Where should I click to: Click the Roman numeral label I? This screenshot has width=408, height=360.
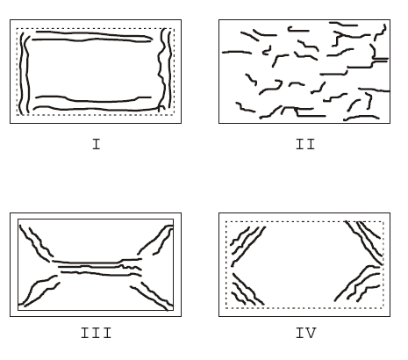pyautogui.click(x=97, y=145)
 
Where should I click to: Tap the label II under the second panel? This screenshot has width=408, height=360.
pyautogui.click(x=305, y=145)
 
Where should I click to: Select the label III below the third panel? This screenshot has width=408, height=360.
pyautogui.click(x=96, y=333)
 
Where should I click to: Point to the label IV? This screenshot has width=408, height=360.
pyautogui.click(x=306, y=333)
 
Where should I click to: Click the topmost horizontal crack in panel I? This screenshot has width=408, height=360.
pyautogui.click(x=94, y=34)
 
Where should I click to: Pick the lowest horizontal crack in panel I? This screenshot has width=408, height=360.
pyautogui.click(x=97, y=110)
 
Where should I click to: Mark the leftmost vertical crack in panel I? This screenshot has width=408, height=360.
pyautogui.click(x=21, y=73)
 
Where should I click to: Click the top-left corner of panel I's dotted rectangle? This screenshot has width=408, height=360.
pyautogui.click(x=17, y=29)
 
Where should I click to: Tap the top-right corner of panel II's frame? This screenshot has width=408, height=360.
pyautogui.click(x=390, y=20)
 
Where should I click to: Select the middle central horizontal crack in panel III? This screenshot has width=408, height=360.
pyautogui.click(x=99, y=267)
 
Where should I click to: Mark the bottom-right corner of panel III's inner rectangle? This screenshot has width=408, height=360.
pyautogui.click(x=174, y=310)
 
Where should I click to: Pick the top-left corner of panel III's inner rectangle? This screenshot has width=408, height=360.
pyautogui.click(x=18, y=220)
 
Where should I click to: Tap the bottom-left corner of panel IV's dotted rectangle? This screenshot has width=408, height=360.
pyautogui.click(x=226, y=308)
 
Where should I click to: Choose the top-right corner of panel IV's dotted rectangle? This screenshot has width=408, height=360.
pyautogui.click(x=383, y=222)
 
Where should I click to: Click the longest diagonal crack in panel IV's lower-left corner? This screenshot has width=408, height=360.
pyautogui.click(x=248, y=289)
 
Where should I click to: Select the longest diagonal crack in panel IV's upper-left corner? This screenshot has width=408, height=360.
pyautogui.click(x=248, y=247)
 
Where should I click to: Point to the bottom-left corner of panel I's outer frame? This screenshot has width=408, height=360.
pyautogui.click(x=11, y=123)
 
